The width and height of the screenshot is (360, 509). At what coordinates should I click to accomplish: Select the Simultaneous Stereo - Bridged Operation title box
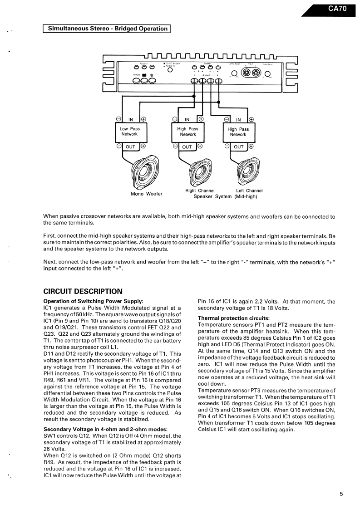(106, 29)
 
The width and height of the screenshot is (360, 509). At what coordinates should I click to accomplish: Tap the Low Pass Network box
(129, 132)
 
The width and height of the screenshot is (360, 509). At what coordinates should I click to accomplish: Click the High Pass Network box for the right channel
(187, 132)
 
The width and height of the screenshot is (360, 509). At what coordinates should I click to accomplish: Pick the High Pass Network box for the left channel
(238, 132)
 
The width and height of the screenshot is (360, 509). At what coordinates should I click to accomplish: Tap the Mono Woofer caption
(147, 194)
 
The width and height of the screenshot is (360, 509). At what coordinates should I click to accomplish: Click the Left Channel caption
(249, 191)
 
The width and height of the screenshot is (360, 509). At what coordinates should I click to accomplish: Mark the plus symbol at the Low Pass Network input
(143, 119)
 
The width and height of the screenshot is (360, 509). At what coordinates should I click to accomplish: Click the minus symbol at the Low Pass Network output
(118, 146)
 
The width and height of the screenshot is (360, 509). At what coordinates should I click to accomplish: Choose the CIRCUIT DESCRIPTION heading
(83, 291)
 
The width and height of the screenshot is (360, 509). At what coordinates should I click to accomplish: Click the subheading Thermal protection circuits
(234, 318)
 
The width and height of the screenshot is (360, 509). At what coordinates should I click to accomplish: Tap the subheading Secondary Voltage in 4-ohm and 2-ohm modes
(105, 429)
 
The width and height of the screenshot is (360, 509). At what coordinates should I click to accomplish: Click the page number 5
(341, 494)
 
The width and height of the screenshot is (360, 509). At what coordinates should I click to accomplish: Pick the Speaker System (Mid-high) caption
(225, 196)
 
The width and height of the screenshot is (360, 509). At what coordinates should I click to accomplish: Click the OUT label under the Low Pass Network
(130, 147)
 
